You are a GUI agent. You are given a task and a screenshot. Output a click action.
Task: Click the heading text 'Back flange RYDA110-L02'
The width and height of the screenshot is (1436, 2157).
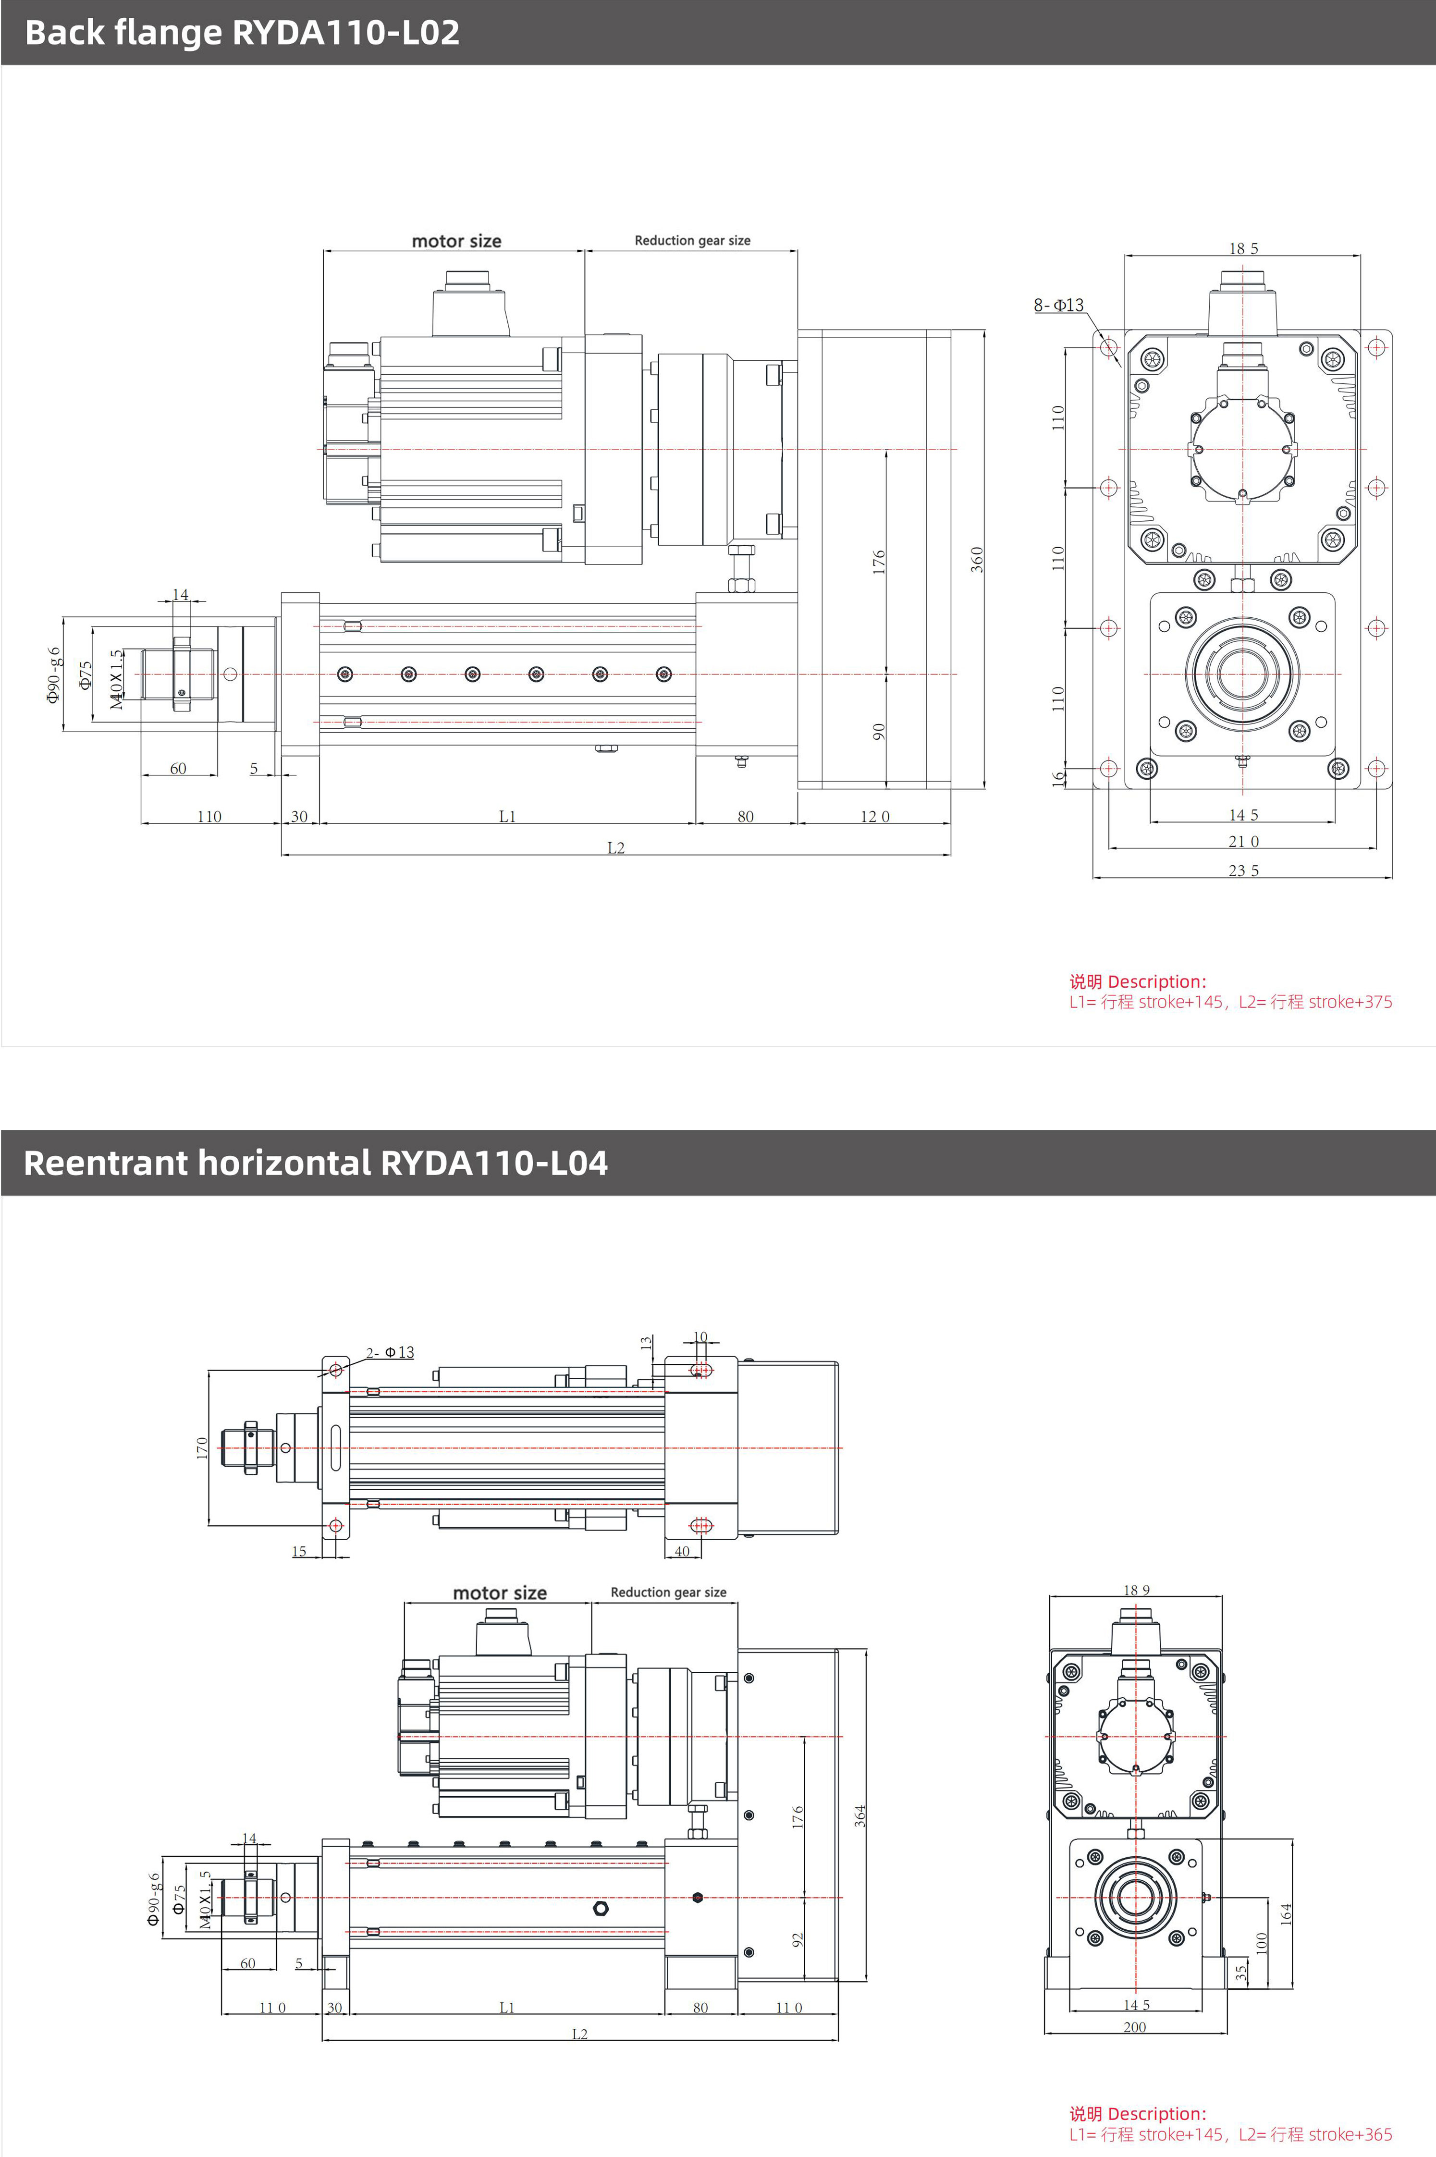pyautogui.click(x=242, y=33)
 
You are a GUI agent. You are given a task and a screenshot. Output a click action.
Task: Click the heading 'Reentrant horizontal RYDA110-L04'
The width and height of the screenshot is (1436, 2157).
pyautogui.click(x=315, y=1163)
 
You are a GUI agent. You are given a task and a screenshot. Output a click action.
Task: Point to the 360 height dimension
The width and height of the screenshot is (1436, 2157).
pyautogui.click(x=977, y=559)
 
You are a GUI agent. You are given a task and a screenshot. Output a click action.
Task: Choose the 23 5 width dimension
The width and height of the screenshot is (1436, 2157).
pyautogui.click(x=1243, y=870)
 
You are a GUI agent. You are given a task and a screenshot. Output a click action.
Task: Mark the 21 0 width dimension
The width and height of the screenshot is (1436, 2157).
pyautogui.click(x=1243, y=841)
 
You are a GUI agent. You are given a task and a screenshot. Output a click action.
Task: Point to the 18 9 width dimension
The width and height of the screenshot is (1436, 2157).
pyautogui.click(x=1136, y=1590)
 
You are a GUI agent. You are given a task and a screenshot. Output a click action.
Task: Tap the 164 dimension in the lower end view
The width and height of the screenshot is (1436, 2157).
pyautogui.click(x=1286, y=1913)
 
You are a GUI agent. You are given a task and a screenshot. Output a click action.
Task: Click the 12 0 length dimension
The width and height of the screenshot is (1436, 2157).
pyautogui.click(x=874, y=817)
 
